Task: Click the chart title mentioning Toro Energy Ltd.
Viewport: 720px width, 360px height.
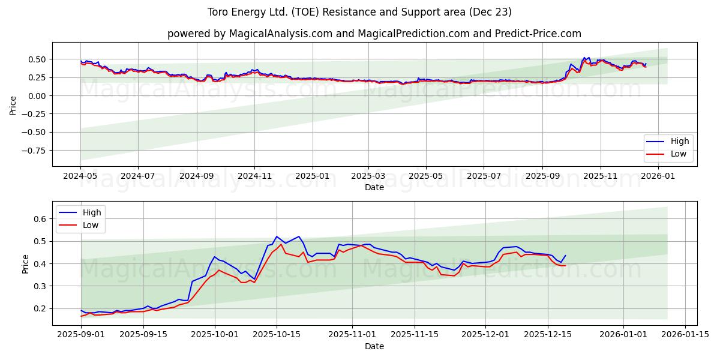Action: pos(359,12)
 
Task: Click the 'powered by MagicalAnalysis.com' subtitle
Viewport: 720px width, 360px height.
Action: pos(374,34)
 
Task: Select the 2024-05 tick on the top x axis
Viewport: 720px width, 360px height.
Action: pos(81,176)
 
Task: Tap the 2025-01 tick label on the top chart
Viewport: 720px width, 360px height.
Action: pos(312,176)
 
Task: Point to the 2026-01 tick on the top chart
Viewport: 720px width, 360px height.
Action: pos(658,176)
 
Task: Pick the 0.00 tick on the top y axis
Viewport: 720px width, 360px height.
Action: pos(37,96)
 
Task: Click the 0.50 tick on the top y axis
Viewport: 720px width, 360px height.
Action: pos(37,59)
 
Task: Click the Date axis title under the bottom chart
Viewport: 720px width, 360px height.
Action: pos(374,346)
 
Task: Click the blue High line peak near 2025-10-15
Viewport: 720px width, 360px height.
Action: pos(277,236)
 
